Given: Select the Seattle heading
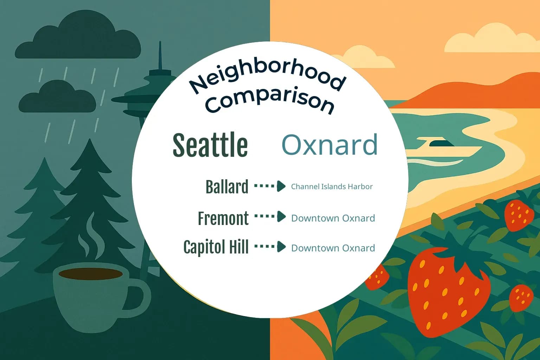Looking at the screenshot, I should pos(210,145).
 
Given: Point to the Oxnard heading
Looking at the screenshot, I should pos(330,144).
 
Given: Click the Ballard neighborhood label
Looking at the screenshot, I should pos(227,187).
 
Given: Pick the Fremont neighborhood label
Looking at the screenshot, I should pos(223,218).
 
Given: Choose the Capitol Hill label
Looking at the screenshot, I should pos(216,247).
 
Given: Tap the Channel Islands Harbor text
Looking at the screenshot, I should pos(332,187).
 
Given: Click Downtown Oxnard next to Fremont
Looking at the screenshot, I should pos(333,218).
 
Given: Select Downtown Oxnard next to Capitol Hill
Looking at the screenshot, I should pos(333,248).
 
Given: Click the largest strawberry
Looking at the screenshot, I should pos(448,288).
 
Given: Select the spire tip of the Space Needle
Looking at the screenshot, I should pos(160,47).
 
